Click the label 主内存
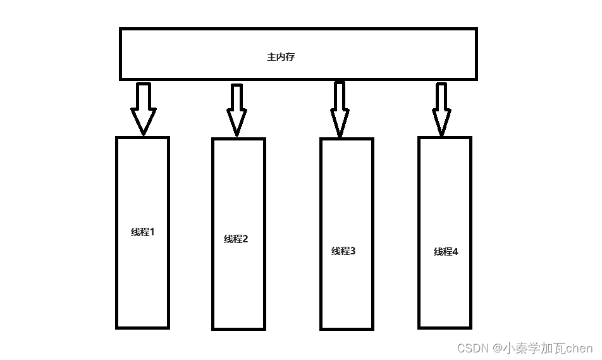coord(281,57)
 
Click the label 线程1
coord(143,232)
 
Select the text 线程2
coord(236,239)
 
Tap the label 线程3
coord(343,251)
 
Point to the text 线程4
coord(446,252)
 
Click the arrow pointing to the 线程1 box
coord(144,108)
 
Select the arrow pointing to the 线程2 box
coord(237,109)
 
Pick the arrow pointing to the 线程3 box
coord(340,109)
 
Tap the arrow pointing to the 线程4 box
coord(441,109)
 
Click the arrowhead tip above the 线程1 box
coord(144,133)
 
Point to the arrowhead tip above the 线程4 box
coord(441,134)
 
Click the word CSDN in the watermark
coord(474,348)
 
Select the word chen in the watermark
coord(579,348)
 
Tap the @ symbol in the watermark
coord(498,348)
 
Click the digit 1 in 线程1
coord(152,232)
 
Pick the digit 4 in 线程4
coord(455,252)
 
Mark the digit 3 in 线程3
coord(352,251)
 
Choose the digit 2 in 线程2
coord(245,239)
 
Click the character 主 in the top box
coord(271,57)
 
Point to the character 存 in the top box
coord(290,57)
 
